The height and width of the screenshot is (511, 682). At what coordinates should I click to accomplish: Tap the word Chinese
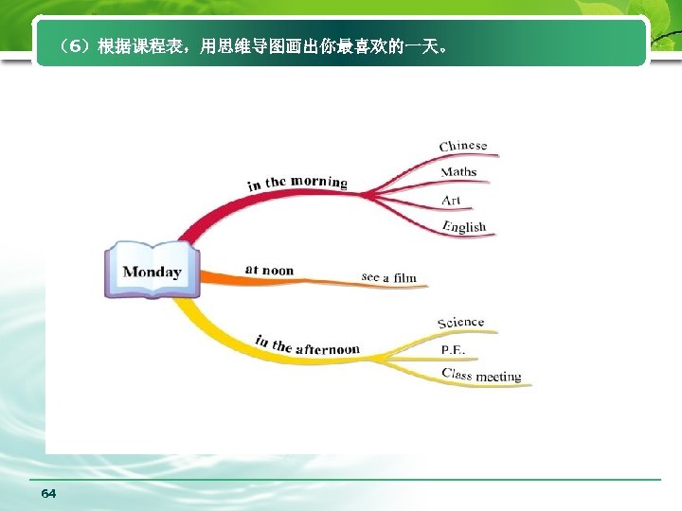463,146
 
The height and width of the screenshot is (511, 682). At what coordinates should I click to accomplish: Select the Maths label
458,172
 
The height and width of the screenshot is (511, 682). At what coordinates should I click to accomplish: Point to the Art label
451,200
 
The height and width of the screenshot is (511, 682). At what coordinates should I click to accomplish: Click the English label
463,227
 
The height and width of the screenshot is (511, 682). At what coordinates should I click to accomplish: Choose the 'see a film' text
388,277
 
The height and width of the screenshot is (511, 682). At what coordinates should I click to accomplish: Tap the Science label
460,323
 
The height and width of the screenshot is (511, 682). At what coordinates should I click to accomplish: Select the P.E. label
453,349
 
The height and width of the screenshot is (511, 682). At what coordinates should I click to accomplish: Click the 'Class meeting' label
481,376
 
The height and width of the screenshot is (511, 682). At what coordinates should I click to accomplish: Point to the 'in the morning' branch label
297,182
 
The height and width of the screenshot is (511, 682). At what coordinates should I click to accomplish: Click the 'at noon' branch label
269,271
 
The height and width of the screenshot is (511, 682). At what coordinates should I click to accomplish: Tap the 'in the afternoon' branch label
307,344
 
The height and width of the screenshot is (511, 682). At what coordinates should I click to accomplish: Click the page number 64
49,494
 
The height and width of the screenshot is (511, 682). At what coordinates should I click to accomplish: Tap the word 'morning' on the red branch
319,181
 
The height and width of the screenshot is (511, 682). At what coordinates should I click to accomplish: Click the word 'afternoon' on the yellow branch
328,349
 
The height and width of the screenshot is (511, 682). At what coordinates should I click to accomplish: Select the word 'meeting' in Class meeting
498,377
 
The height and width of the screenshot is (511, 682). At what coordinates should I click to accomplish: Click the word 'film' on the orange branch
404,278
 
